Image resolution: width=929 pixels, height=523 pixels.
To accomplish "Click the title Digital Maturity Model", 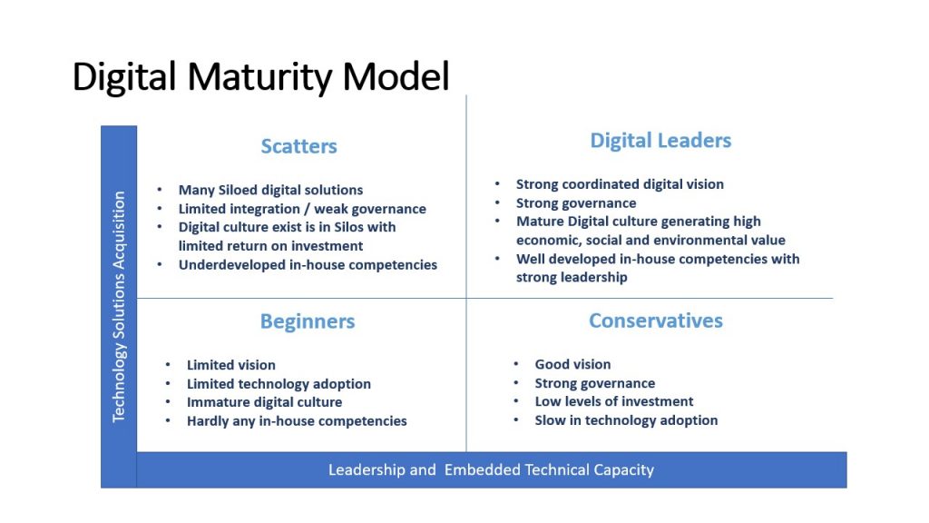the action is pyautogui.click(x=260, y=77).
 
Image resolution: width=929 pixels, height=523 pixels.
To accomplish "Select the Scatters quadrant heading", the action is pyautogui.click(x=299, y=146).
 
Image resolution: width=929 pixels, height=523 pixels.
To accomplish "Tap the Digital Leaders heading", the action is pyautogui.click(x=660, y=141).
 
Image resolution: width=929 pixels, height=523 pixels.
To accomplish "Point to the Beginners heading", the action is pyautogui.click(x=308, y=321).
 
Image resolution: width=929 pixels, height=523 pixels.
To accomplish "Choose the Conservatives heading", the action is pyautogui.click(x=656, y=321).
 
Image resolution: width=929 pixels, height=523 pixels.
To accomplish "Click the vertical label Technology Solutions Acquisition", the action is pyautogui.click(x=119, y=307).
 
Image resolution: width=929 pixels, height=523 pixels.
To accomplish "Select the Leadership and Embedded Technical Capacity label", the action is pyautogui.click(x=491, y=469).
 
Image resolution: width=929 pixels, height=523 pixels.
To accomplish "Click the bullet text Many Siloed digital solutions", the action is pyautogui.click(x=270, y=190).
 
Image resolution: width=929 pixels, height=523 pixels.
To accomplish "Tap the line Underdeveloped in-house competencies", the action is pyautogui.click(x=308, y=264).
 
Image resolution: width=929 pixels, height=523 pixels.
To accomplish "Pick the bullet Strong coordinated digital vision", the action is pyautogui.click(x=620, y=183).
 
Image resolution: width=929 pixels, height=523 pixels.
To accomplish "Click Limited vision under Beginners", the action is pyautogui.click(x=231, y=365).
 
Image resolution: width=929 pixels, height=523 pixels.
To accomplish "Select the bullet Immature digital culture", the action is pyautogui.click(x=264, y=402).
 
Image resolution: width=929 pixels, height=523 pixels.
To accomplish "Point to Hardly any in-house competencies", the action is pyautogui.click(x=297, y=421).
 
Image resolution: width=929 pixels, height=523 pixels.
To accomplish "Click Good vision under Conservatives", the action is pyautogui.click(x=573, y=364).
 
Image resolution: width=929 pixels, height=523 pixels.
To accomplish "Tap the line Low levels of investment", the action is pyautogui.click(x=614, y=401).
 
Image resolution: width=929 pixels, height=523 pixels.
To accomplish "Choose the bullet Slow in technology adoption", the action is pyautogui.click(x=626, y=420).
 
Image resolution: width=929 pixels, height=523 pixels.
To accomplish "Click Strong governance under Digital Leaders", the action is pyautogui.click(x=576, y=202).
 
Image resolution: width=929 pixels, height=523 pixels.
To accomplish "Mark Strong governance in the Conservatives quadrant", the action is pyautogui.click(x=595, y=383).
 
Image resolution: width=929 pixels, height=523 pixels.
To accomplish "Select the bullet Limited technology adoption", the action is pyautogui.click(x=279, y=384).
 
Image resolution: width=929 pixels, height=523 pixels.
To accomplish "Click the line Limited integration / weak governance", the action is pyautogui.click(x=302, y=209).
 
